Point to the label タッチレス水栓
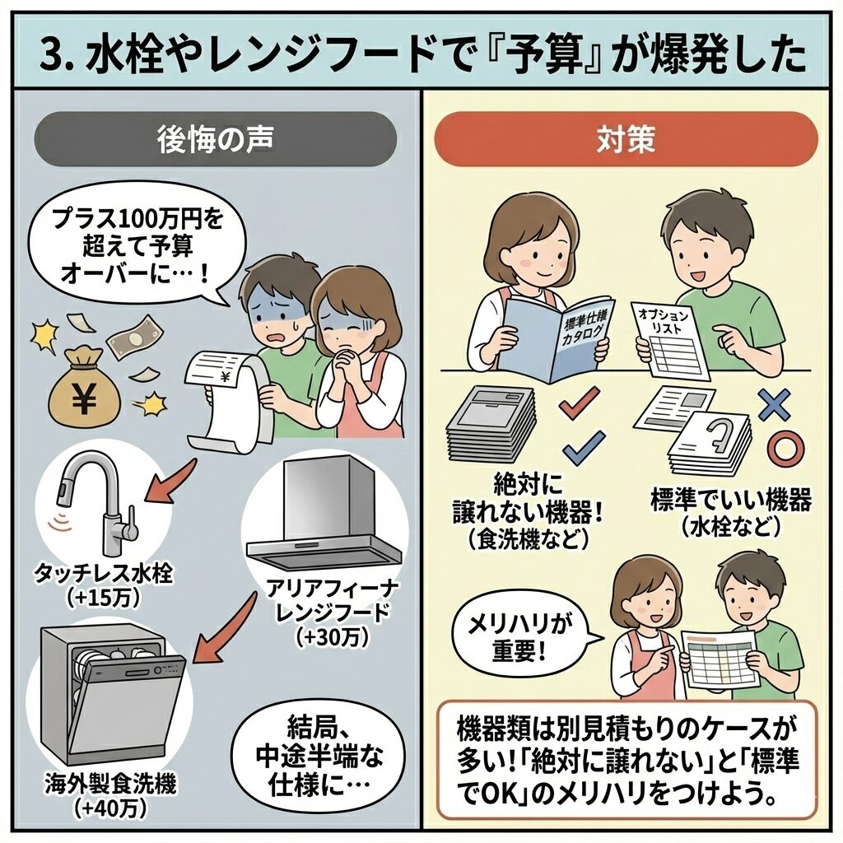(x=104, y=573)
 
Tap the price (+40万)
(x=110, y=808)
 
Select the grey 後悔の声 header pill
(x=216, y=138)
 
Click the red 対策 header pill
(x=626, y=138)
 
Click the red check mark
(x=580, y=402)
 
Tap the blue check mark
(x=583, y=449)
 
